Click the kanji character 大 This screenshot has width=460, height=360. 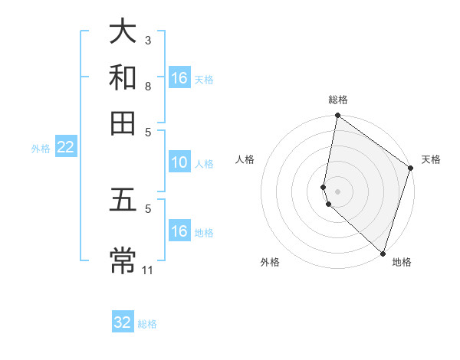point(123,31)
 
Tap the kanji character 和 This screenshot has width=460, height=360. point(123,77)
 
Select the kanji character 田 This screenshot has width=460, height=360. point(123,122)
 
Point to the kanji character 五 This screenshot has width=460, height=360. point(123,201)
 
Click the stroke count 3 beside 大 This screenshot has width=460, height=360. point(148,40)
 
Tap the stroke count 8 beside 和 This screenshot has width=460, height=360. point(148,86)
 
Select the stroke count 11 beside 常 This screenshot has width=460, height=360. point(149,269)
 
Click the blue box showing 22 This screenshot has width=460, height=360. point(65,148)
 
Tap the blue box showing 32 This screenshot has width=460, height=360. point(123,322)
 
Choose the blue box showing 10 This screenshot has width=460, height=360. point(179,162)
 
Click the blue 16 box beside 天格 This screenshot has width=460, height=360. point(179,78)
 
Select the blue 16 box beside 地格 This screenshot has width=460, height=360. point(179,231)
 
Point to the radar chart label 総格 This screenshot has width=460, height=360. point(338,100)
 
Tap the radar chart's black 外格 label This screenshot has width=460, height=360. point(270,262)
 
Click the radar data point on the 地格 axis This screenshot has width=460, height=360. point(382,254)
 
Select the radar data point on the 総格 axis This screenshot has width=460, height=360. point(337,116)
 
